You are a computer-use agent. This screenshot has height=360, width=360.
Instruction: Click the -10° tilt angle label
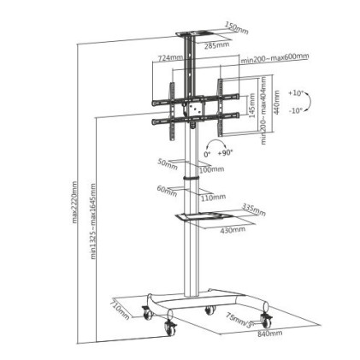pos(295,110)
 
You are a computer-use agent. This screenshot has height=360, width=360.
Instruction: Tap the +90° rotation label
pos(226,153)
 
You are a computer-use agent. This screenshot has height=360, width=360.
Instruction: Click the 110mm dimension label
pos(214,197)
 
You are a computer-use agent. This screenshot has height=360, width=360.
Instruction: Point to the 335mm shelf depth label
pos(254,210)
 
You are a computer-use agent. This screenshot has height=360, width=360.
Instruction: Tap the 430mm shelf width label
pos(233,229)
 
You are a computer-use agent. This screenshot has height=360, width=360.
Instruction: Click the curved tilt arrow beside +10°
pos(308,101)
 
